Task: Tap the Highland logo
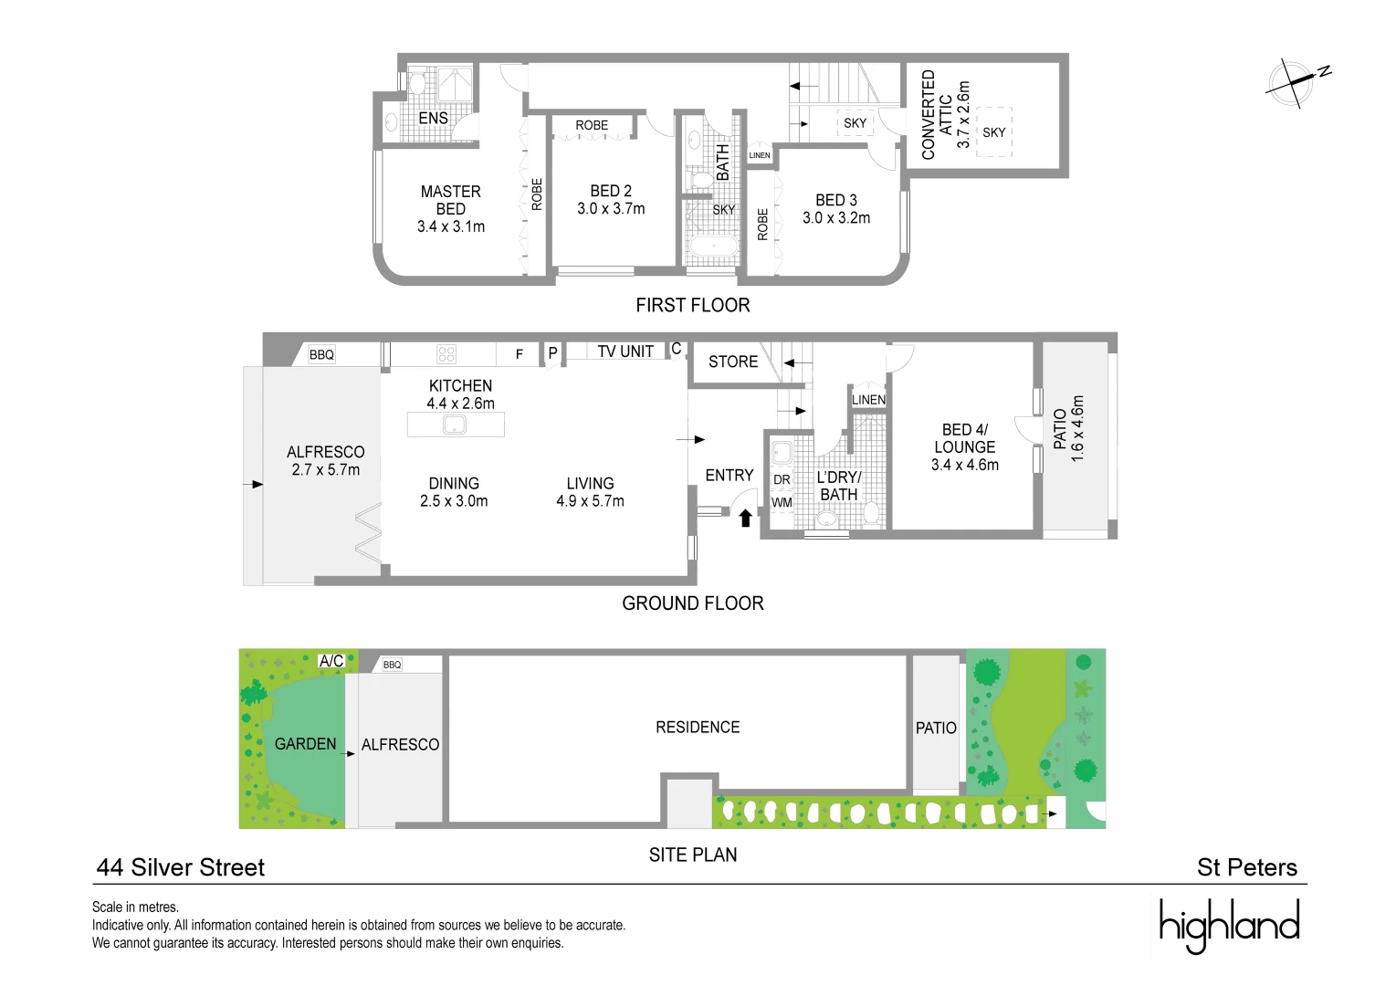click(x=1229, y=925)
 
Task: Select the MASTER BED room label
click(x=450, y=200)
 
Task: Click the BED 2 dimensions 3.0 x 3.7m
click(x=611, y=209)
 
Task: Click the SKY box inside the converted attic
click(x=993, y=132)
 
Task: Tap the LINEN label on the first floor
click(x=760, y=155)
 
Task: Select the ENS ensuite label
click(x=433, y=119)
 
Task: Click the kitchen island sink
click(x=455, y=425)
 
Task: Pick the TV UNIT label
click(x=625, y=351)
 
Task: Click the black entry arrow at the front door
click(x=745, y=518)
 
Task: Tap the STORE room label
click(x=733, y=362)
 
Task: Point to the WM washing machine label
click(x=782, y=502)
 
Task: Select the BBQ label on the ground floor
click(x=321, y=354)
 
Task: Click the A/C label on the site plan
click(x=331, y=661)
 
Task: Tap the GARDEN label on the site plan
click(x=305, y=744)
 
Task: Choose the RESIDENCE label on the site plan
click(x=698, y=727)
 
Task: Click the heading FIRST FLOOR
click(x=692, y=305)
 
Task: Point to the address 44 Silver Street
click(x=180, y=867)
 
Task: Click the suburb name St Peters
click(x=1246, y=867)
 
